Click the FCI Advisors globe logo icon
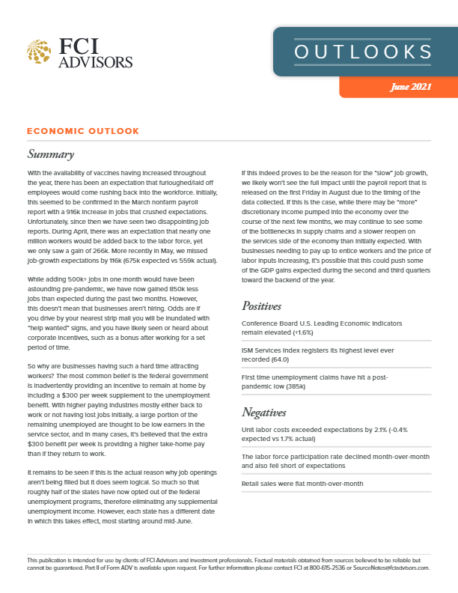coord(41,52)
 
